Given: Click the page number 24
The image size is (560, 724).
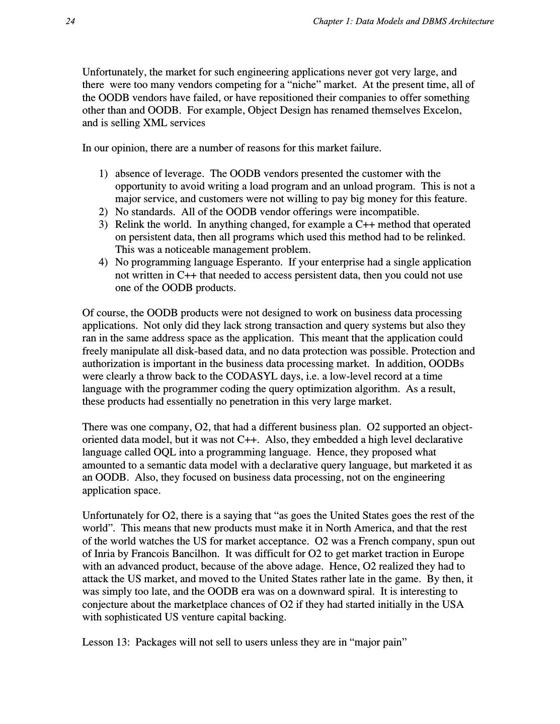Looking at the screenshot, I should pos(70,21).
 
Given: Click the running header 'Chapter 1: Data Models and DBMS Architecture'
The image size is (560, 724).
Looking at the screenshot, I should pos(403,21).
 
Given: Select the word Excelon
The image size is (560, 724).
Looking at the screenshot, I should pos(443,110).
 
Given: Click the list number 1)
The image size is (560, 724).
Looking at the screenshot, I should pos(103,174).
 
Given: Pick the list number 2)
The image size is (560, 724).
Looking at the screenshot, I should pos(103,212).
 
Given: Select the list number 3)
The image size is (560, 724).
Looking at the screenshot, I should pos(103,224).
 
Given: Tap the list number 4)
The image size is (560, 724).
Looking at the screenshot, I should pos(103,262).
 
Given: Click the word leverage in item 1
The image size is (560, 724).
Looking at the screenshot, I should pos(184,174).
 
